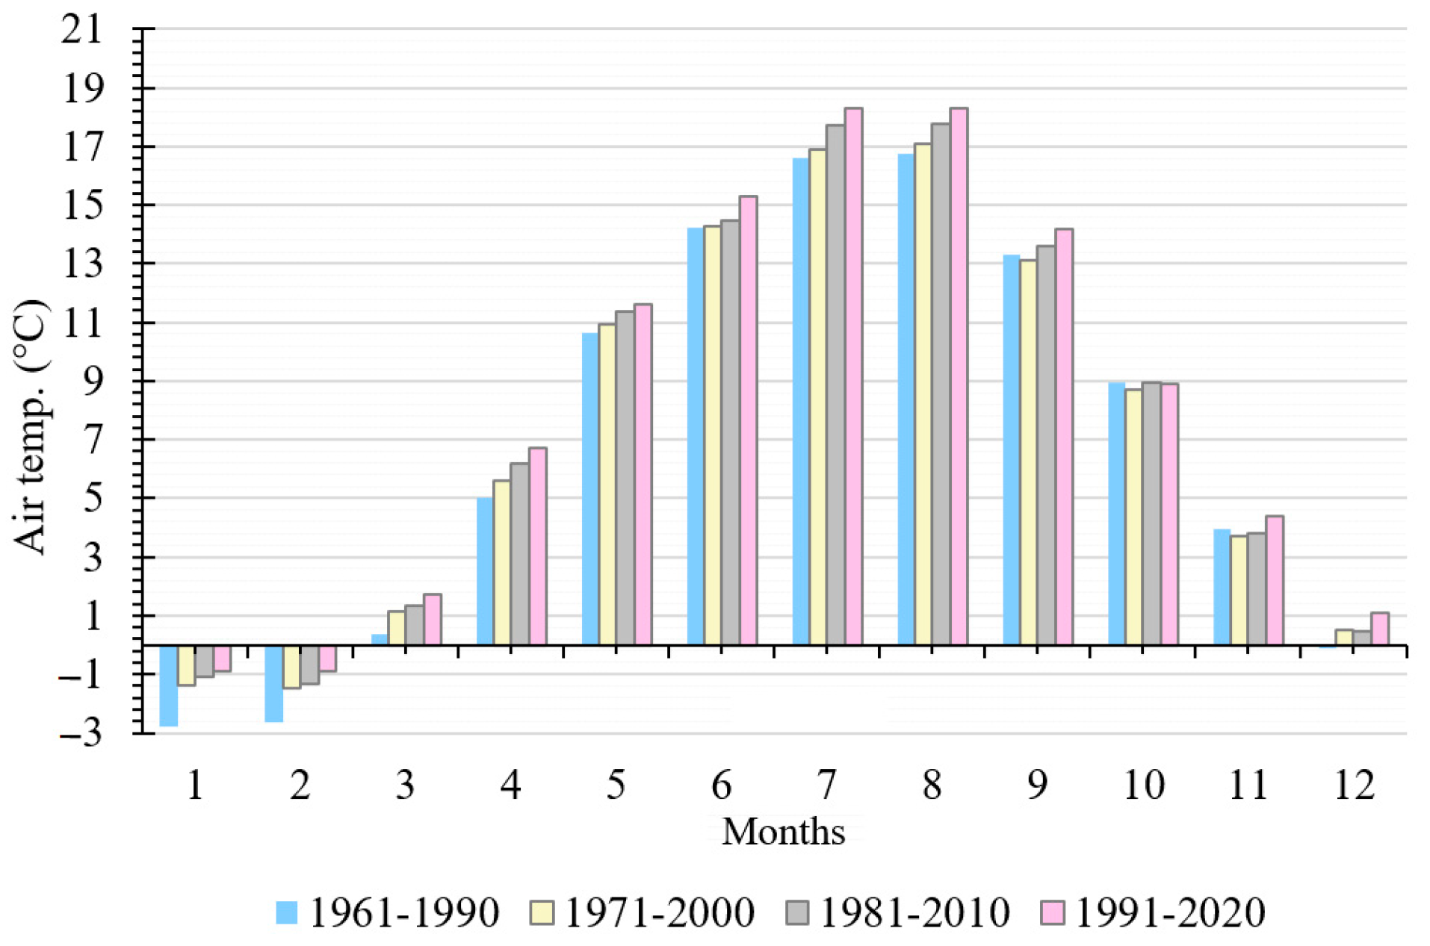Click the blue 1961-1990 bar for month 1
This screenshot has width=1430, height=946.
coord(169,685)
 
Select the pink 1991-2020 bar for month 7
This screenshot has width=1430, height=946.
coord(853,376)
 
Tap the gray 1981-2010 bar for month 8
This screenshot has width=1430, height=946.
coord(941,384)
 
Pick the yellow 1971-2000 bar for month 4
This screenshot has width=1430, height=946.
coord(501,562)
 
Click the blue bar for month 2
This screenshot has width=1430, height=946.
coord(274,683)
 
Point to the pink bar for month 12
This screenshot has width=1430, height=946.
coord(1380,629)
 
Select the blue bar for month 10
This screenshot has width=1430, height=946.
coord(1116,514)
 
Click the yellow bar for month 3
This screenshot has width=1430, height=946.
coord(397,628)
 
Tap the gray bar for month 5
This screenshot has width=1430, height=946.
coord(625,478)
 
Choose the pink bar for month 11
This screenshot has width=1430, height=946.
coord(1275,580)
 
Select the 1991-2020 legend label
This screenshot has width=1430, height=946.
coord(1169,912)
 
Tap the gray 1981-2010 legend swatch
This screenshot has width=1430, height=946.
coord(797,912)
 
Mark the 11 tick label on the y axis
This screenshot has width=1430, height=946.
coord(82,323)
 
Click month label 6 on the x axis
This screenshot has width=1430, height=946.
coord(721,785)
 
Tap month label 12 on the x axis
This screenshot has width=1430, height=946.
coord(1354,785)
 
